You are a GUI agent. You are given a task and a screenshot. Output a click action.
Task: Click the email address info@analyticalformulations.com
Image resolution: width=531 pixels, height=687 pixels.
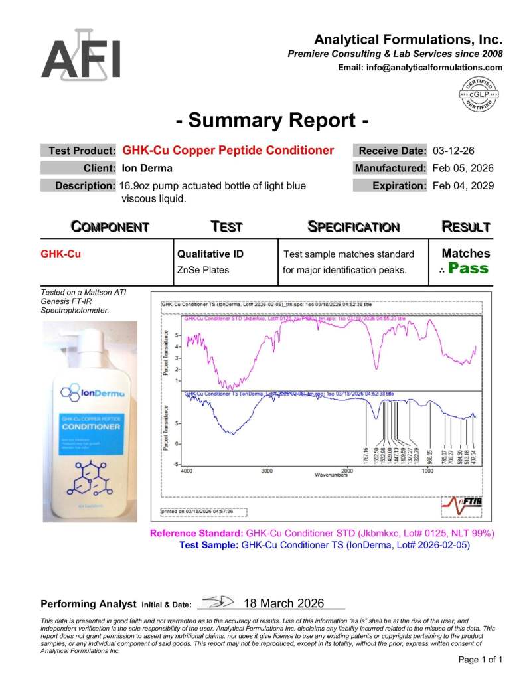click(x=420, y=67)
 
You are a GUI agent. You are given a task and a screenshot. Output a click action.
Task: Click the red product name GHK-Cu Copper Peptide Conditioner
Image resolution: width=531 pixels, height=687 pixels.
click(x=228, y=150)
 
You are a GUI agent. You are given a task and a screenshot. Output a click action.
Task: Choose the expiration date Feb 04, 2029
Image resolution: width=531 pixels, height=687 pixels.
click(x=463, y=186)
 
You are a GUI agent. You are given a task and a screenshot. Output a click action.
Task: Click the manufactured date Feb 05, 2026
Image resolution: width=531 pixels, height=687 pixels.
click(x=463, y=168)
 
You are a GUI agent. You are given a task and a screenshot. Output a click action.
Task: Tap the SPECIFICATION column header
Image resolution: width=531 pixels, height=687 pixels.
click(x=354, y=227)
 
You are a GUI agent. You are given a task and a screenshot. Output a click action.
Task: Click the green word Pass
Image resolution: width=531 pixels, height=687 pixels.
click(x=468, y=269)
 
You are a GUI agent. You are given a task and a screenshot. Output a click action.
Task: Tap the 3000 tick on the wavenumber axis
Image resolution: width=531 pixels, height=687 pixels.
click(x=267, y=470)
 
